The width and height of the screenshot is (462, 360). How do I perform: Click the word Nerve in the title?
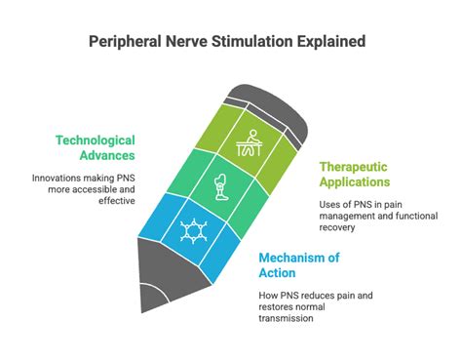tap(187, 42)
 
